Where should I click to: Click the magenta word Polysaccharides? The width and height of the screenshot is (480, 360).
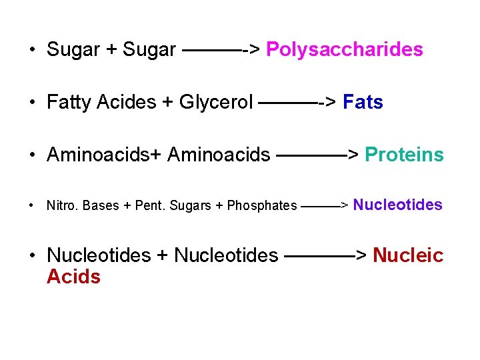click(x=344, y=50)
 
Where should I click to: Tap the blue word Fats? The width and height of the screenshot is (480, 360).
click(x=363, y=103)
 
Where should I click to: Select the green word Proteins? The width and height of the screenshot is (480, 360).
click(x=404, y=155)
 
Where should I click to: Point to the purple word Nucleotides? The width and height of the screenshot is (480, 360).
click(x=397, y=205)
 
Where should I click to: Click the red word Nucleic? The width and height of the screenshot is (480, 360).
click(x=408, y=255)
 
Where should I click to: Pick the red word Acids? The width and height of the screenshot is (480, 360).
click(x=73, y=277)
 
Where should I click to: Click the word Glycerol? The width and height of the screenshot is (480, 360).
click(x=216, y=103)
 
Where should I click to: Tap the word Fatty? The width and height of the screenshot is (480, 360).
click(x=69, y=103)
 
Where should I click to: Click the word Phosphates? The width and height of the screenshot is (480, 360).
click(x=262, y=205)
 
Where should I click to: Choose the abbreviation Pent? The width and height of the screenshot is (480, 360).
click(x=150, y=205)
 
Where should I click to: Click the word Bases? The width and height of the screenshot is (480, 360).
click(x=101, y=205)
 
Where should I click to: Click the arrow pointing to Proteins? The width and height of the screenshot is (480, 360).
click(x=317, y=155)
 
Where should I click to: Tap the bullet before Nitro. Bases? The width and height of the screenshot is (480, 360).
click(x=32, y=205)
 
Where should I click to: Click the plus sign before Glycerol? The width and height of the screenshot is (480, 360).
click(x=168, y=103)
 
